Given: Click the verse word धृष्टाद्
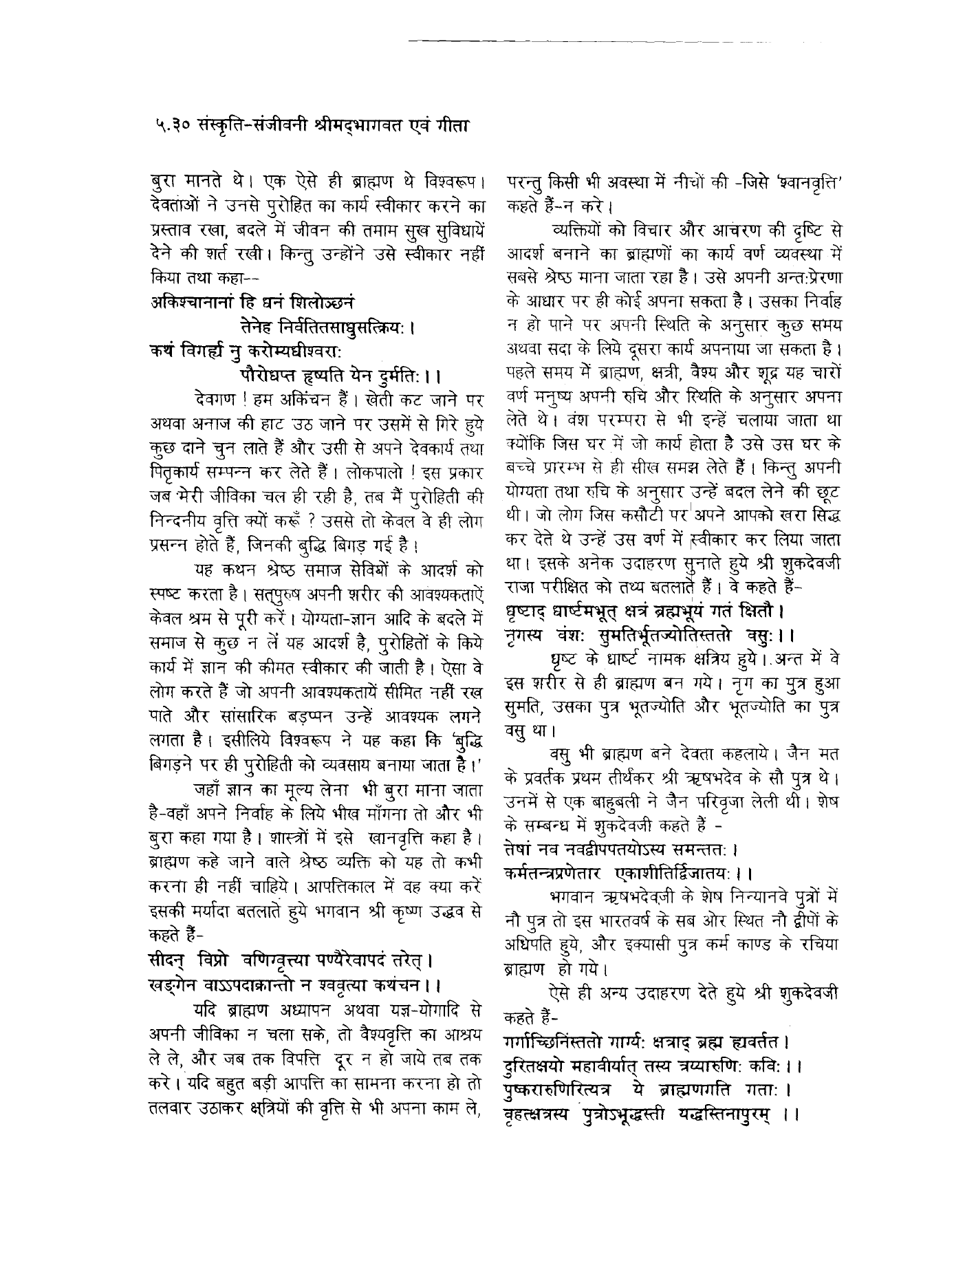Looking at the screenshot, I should click(529, 610).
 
